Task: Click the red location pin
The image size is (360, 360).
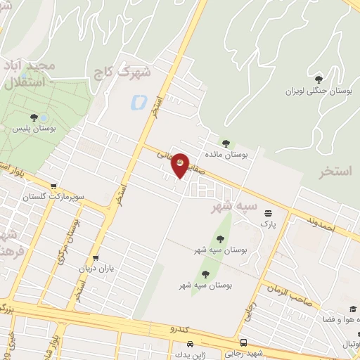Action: pos(180,165)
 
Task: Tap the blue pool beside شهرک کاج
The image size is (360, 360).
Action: pos(136,103)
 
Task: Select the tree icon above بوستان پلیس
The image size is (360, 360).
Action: pos(34,117)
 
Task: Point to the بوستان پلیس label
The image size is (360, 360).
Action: pos(34,129)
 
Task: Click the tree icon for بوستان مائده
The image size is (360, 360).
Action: pos(226,143)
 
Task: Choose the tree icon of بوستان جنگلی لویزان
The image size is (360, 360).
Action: pos(319,79)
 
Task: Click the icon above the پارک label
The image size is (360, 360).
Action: pos(267,213)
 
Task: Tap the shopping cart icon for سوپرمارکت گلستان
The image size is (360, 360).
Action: pos(53,186)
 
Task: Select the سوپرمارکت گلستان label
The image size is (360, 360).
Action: pos(77,197)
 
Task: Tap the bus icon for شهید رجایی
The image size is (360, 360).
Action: pos(243,343)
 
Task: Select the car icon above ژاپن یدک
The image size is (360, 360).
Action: pos(191,345)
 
